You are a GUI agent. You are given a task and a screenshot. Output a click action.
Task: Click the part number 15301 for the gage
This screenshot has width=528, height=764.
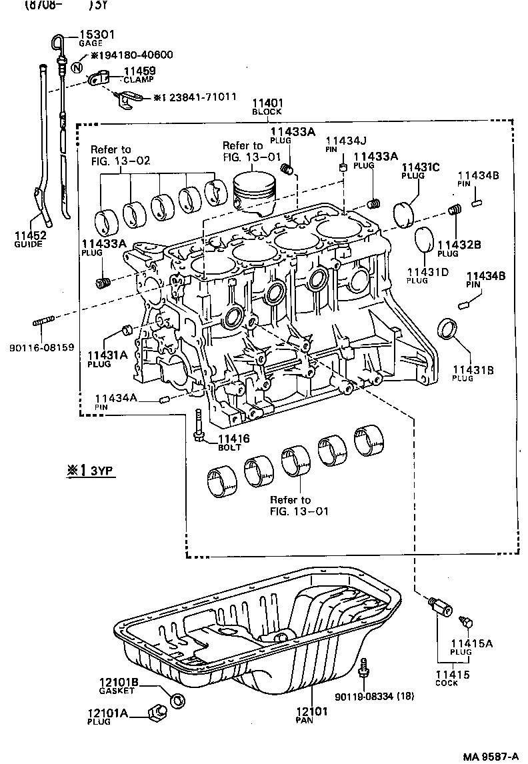coord(93,35)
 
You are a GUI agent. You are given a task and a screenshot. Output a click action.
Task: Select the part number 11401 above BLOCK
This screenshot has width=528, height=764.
coord(267,103)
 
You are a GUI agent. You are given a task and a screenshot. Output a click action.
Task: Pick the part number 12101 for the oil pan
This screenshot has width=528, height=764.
coord(312,711)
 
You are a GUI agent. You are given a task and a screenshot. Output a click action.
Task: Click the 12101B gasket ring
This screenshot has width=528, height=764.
coord(177,700)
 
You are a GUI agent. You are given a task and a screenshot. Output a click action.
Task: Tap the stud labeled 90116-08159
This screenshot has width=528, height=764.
coord(43,323)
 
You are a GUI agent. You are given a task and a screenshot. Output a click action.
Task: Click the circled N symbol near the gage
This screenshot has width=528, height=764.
coord(77,66)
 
